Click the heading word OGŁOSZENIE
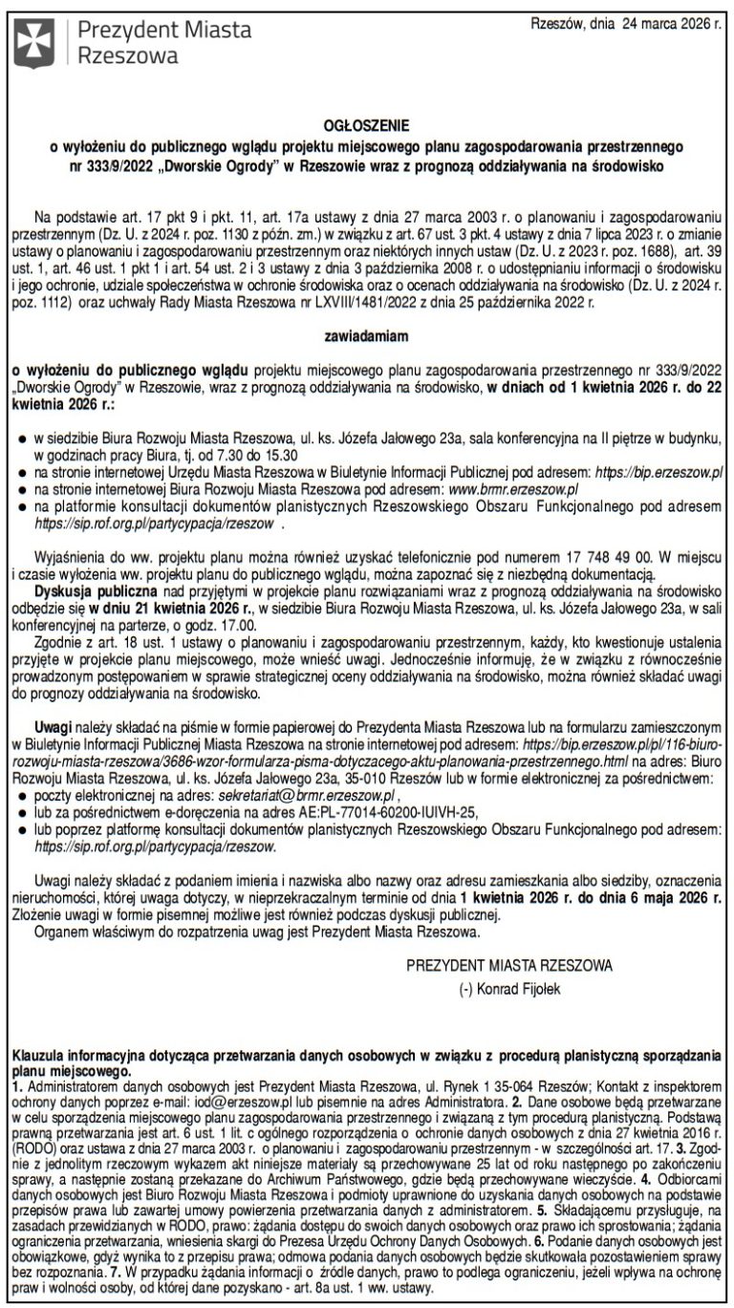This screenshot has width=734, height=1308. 367,125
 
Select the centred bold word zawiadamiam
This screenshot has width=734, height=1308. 367,336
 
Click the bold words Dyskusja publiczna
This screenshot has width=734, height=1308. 86,588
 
